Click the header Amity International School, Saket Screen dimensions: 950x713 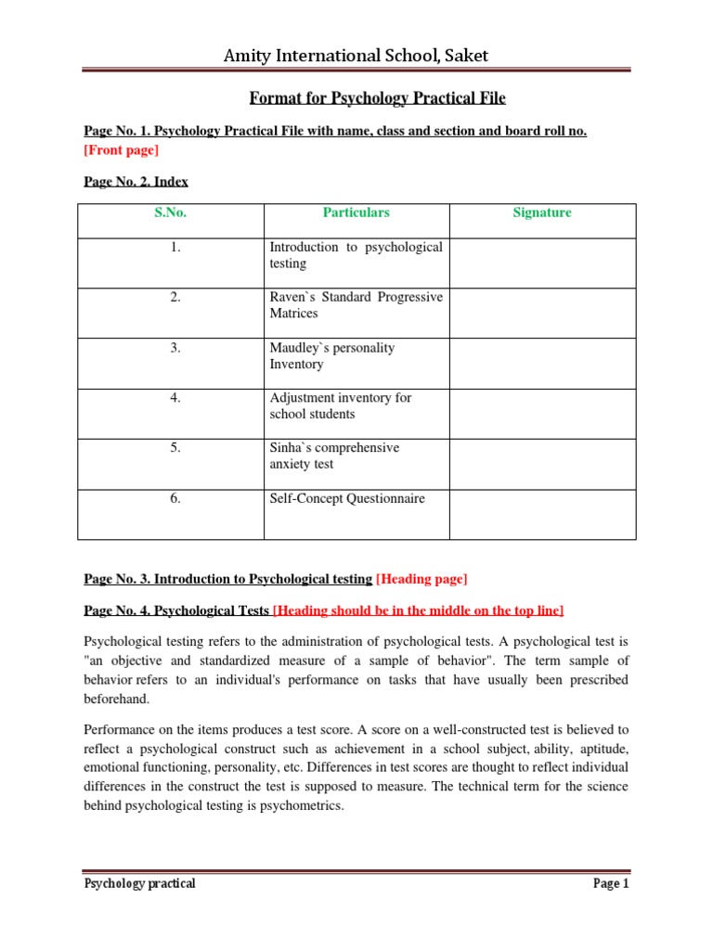pos(356,56)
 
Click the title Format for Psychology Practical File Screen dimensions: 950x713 pos(378,98)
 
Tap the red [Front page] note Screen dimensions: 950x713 pos(121,149)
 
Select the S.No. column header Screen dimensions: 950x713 pos(171,212)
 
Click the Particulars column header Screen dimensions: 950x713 pos(356,212)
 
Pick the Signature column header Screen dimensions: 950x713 pos(542,212)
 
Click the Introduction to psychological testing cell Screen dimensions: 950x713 pos(356,255)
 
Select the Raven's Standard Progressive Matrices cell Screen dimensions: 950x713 pos(356,305)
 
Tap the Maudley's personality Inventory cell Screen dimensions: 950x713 pos(331,355)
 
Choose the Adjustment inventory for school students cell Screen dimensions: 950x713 pos(340,405)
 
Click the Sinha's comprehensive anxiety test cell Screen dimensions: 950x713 pos(334,456)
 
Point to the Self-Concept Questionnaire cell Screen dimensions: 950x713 pos(346,498)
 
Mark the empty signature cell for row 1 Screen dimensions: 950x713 pos(542,263)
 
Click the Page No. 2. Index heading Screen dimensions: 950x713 pos(136,182)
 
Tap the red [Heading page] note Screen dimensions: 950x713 pos(421,579)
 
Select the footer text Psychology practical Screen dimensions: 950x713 pos(139,883)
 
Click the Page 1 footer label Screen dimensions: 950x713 pos(611,883)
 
